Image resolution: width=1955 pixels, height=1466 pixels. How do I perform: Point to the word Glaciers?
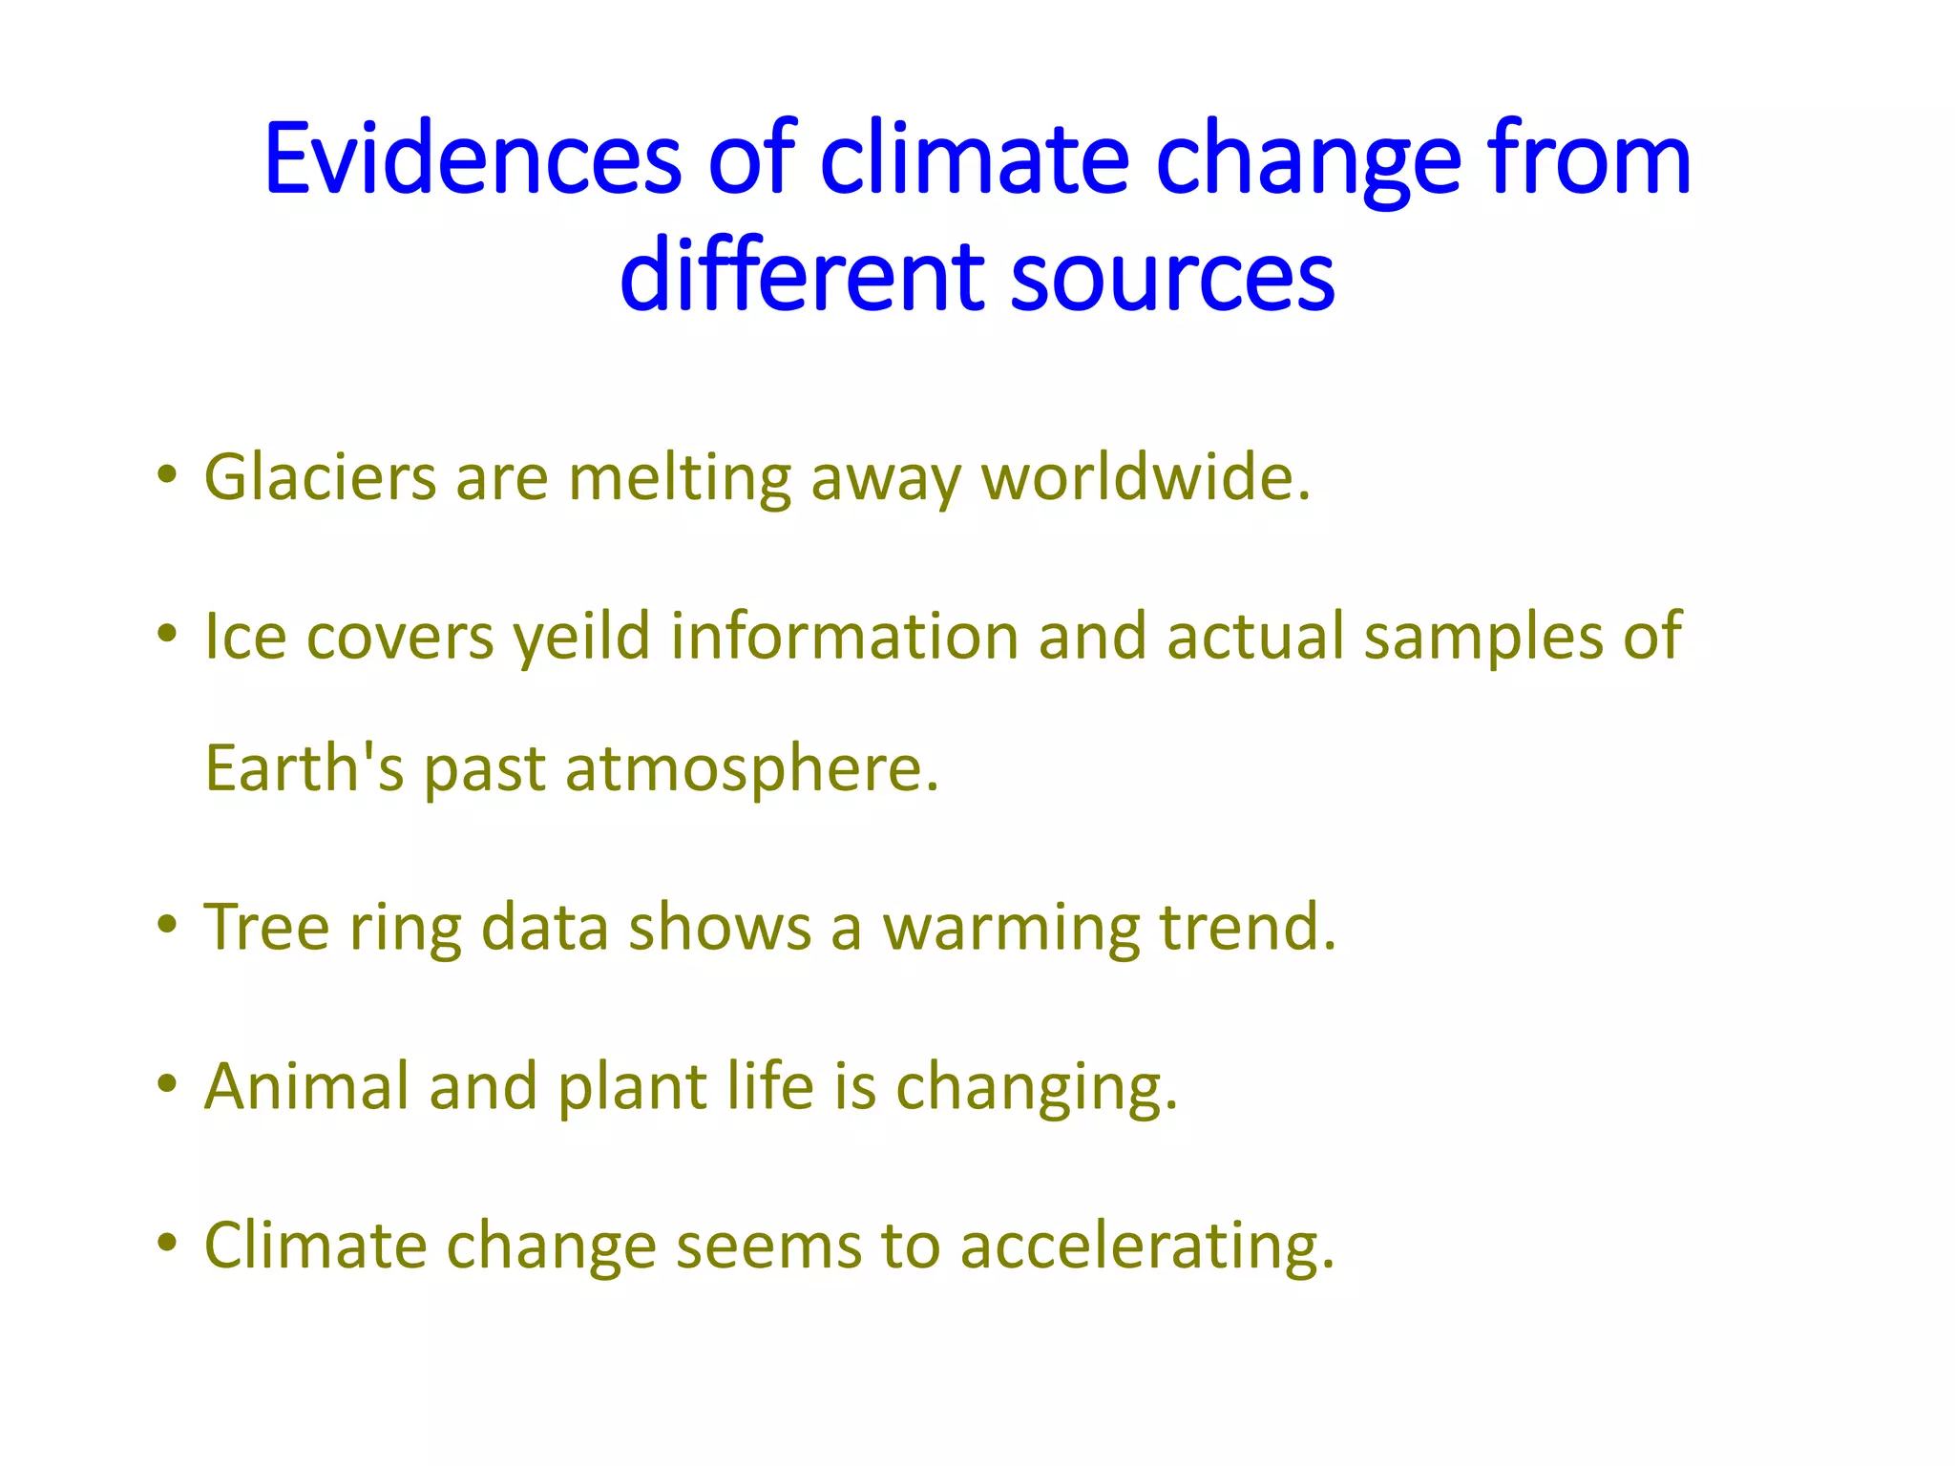click(320, 477)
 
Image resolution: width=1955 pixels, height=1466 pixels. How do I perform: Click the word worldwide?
click(1146, 477)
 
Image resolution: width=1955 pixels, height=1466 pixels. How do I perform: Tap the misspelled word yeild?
click(581, 637)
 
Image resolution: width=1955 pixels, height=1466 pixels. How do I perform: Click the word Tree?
click(266, 927)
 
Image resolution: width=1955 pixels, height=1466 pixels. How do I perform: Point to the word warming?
click(1011, 929)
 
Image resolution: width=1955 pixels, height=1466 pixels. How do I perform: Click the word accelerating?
click(1146, 1246)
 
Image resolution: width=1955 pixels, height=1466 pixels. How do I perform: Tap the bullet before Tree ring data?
click(168, 924)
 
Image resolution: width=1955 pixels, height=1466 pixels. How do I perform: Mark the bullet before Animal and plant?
click(168, 1083)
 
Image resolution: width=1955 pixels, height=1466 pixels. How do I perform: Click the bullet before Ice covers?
click(168, 633)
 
